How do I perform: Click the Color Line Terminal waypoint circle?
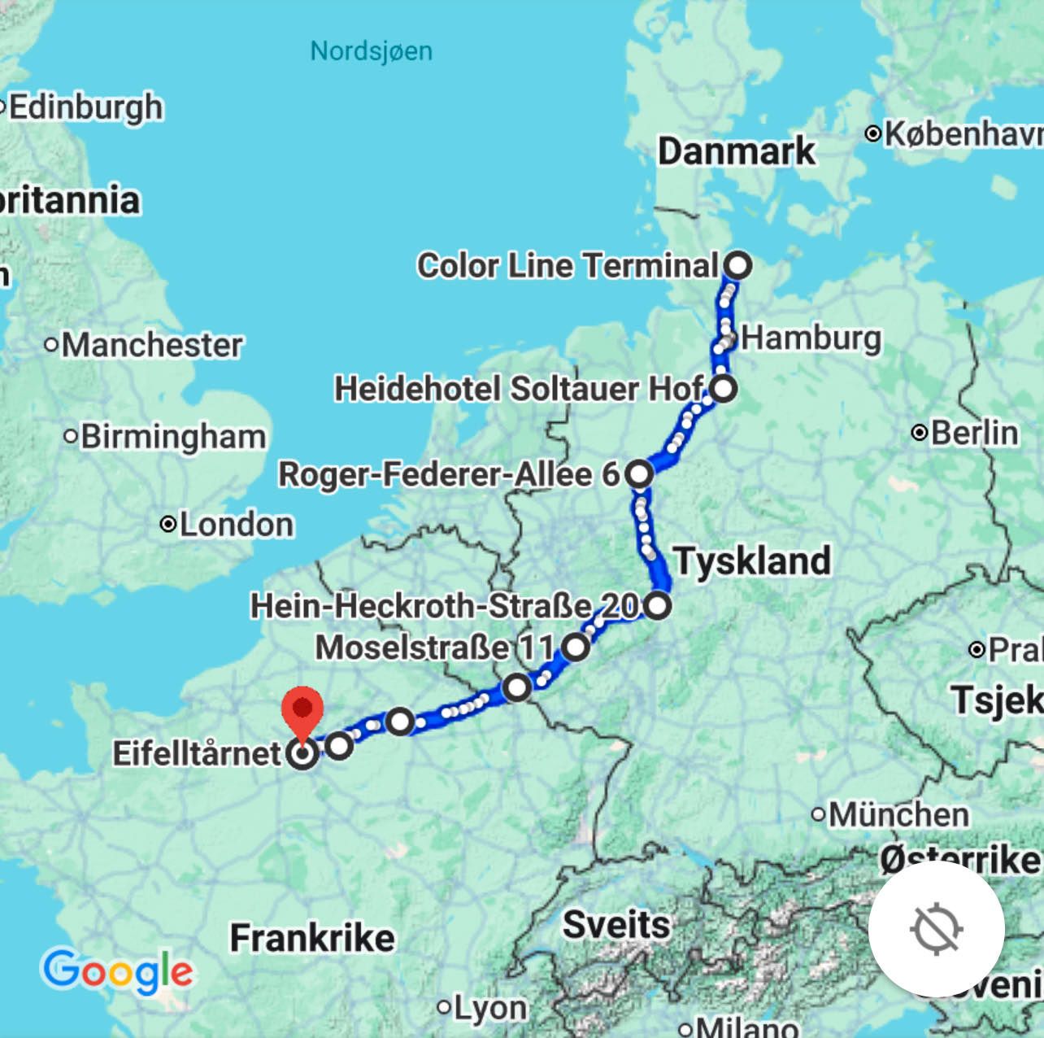click(x=738, y=265)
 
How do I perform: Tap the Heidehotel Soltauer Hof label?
click(x=519, y=389)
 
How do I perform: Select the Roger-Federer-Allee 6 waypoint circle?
click(x=640, y=473)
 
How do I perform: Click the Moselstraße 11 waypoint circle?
click(x=576, y=648)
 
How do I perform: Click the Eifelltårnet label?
click(x=197, y=753)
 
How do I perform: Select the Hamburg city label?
click(x=811, y=338)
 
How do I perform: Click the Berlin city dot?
click(x=920, y=433)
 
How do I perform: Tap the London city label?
click(x=236, y=525)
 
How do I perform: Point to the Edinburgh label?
click(x=85, y=107)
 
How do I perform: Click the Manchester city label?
click(x=152, y=345)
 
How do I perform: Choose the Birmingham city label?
click(x=173, y=437)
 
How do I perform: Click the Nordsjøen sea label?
click(x=372, y=51)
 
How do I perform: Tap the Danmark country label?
click(x=736, y=151)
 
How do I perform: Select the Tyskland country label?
click(x=752, y=561)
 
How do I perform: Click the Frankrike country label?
click(x=312, y=938)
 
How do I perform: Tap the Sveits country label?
click(x=616, y=925)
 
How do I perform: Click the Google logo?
click(x=117, y=971)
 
